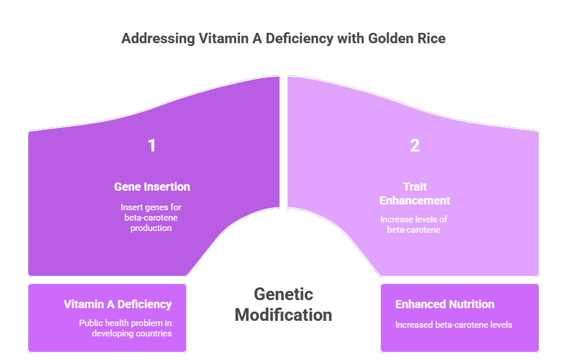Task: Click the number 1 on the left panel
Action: pos(152,146)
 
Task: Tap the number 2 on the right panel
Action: pos(415,146)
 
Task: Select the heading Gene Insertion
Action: pos(152,187)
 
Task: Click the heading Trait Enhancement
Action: pos(415,194)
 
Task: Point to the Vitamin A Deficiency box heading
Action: pos(118,304)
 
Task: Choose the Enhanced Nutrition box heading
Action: pos(445,304)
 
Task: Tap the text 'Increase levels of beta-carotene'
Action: pos(414,225)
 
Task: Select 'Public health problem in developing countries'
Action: pos(125,328)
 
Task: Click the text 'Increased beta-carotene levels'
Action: pos(453,325)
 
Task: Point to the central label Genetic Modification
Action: pos(283,305)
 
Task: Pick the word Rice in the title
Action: pos(431,39)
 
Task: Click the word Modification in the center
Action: pos(283,315)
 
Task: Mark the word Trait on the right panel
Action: pos(414,187)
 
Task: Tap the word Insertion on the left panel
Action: pos(168,187)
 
